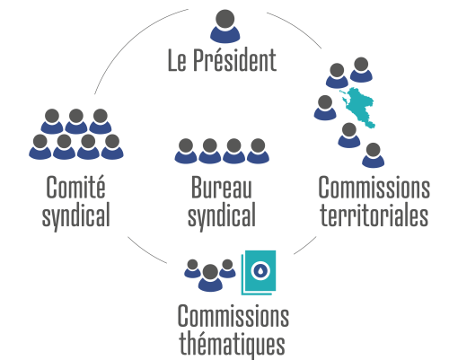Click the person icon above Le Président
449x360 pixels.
click(x=224, y=26)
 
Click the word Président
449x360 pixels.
click(x=234, y=60)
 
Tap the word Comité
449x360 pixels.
click(x=75, y=187)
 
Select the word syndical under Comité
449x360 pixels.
click(x=76, y=215)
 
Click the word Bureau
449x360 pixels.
click(x=221, y=188)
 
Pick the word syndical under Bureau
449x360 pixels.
click(x=222, y=215)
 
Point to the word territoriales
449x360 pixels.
click(x=374, y=215)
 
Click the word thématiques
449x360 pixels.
click(x=232, y=344)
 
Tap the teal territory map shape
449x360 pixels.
click(x=357, y=107)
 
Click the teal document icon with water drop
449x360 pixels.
click(x=259, y=272)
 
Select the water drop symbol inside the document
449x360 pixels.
click(x=260, y=270)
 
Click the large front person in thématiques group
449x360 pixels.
click(x=210, y=277)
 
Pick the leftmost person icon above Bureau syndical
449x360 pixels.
click(x=186, y=151)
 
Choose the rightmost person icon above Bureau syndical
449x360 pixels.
click(x=258, y=151)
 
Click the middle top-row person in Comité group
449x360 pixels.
click(x=76, y=121)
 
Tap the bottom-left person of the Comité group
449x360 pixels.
click(x=40, y=146)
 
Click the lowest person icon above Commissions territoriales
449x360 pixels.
click(x=374, y=155)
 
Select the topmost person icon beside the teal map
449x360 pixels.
click(x=361, y=70)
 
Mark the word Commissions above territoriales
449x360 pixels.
click(x=374, y=188)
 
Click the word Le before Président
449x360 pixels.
click(x=177, y=60)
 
